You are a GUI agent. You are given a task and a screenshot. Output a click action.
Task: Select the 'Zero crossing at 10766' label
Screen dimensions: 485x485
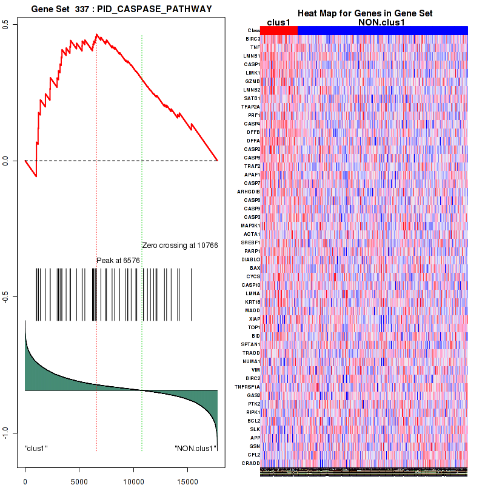click(x=179, y=246)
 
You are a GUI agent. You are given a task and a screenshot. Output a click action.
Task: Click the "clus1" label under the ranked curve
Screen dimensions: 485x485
click(x=36, y=448)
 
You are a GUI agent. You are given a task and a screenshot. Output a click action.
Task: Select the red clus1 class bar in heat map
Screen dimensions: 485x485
click(x=279, y=30)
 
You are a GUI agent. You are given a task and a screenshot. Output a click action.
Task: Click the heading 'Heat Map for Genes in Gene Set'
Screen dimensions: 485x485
click(x=364, y=13)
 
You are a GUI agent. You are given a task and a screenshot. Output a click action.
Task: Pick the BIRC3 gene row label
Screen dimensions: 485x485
click(x=253, y=39)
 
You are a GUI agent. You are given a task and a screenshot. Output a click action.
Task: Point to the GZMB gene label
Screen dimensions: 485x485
click(x=253, y=81)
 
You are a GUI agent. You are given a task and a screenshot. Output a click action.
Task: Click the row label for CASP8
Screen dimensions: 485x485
click(x=252, y=158)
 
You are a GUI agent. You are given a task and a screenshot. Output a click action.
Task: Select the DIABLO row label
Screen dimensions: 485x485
click(x=251, y=259)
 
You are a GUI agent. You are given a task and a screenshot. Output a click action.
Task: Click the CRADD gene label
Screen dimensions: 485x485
click(x=252, y=463)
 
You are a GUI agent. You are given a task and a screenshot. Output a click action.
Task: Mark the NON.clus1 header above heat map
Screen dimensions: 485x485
click(x=382, y=22)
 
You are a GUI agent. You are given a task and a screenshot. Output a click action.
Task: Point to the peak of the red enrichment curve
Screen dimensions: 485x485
click(x=96, y=35)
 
